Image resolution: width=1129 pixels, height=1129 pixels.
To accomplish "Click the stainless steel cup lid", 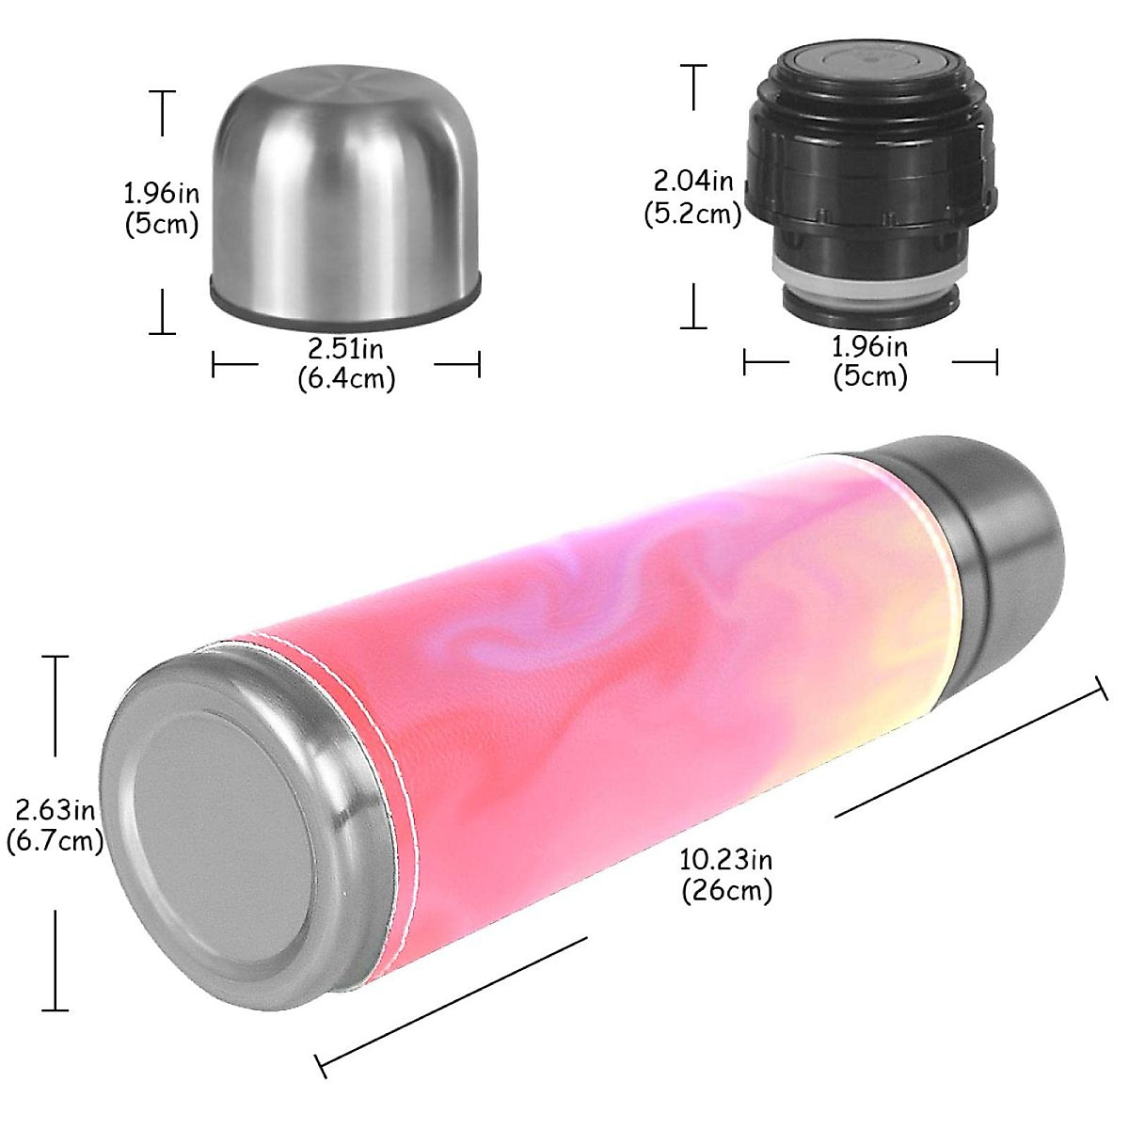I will coord(344,198).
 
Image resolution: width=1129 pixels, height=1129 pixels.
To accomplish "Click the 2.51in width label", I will coord(345,349).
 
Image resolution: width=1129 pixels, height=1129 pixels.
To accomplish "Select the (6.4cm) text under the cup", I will coord(345,378).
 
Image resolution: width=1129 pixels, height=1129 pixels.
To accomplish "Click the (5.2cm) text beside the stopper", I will coord(692,215).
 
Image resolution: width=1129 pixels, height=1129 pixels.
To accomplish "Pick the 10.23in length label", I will coord(726,859).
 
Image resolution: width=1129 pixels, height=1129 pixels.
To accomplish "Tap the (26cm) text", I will coord(726,889).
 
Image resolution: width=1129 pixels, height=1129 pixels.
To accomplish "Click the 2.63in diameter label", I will coord(55,808).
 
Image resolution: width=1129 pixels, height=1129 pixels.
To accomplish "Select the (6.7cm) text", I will coord(55,840).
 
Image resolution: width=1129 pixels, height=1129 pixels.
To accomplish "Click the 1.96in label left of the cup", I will coord(162,194).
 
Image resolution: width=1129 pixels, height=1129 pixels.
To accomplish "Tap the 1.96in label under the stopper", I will coord(870,347).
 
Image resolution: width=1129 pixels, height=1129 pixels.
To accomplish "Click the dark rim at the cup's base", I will coord(344,305).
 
